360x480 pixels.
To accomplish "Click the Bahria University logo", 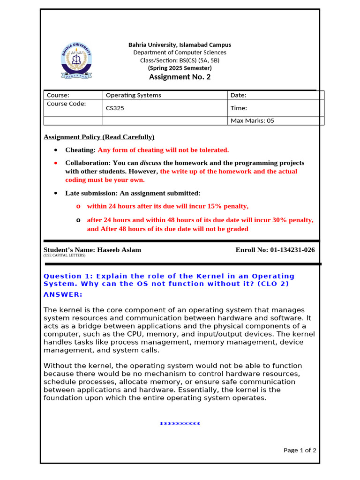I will (x=76, y=61).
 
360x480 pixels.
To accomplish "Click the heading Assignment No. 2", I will (x=180, y=77).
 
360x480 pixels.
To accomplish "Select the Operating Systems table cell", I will (x=134, y=95).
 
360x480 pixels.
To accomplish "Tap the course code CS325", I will (x=115, y=108).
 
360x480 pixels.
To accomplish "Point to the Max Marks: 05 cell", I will (x=252, y=121).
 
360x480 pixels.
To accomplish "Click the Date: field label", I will (x=238, y=95).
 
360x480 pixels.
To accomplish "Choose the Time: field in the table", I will (x=239, y=108).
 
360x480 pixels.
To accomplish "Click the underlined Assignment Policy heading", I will (x=99, y=137).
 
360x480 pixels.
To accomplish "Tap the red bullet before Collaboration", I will (x=56, y=163).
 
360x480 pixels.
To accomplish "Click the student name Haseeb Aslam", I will (x=119, y=250).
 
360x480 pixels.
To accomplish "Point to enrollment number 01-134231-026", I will (x=292, y=250).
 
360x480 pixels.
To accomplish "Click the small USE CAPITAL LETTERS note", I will (x=65, y=256).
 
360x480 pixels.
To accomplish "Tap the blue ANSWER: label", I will (x=63, y=294).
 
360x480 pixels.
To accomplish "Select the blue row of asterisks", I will (x=180, y=425).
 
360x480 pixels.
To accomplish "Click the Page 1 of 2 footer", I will (x=300, y=450).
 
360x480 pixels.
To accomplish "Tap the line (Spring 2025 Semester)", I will (x=180, y=68).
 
